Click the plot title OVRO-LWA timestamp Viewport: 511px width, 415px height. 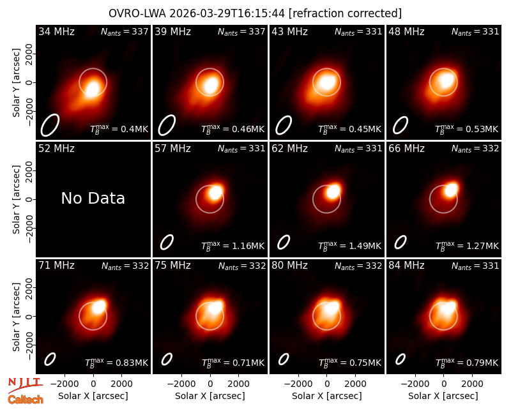[x=255, y=13]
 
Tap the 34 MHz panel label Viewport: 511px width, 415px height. [x=56, y=31]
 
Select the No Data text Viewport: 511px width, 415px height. [x=93, y=198]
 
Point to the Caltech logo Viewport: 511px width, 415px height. [x=26, y=400]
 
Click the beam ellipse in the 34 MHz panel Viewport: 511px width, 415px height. [x=50, y=125]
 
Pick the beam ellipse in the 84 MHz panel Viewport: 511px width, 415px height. [x=400, y=359]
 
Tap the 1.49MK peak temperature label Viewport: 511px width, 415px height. [x=349, y=245]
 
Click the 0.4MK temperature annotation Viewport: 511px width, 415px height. [x=119, y=128]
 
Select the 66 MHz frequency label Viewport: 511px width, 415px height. [x=406, y=149]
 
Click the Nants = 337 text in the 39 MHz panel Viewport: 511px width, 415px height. [x=241, y=31]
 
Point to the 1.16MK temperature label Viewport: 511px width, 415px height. [x=233, y=245]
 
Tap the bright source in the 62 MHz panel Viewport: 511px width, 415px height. [x=333, y=191]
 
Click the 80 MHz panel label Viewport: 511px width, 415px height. [x=290, y=266]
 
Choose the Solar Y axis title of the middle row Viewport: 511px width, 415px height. [x=16, y=199]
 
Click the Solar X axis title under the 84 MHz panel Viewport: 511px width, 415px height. [x=443, y=396]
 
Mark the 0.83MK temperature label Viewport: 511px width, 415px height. [x=116, y=362]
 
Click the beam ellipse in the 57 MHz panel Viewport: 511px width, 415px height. [x=167, y=242]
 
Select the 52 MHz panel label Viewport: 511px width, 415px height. [x=56, y=149]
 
